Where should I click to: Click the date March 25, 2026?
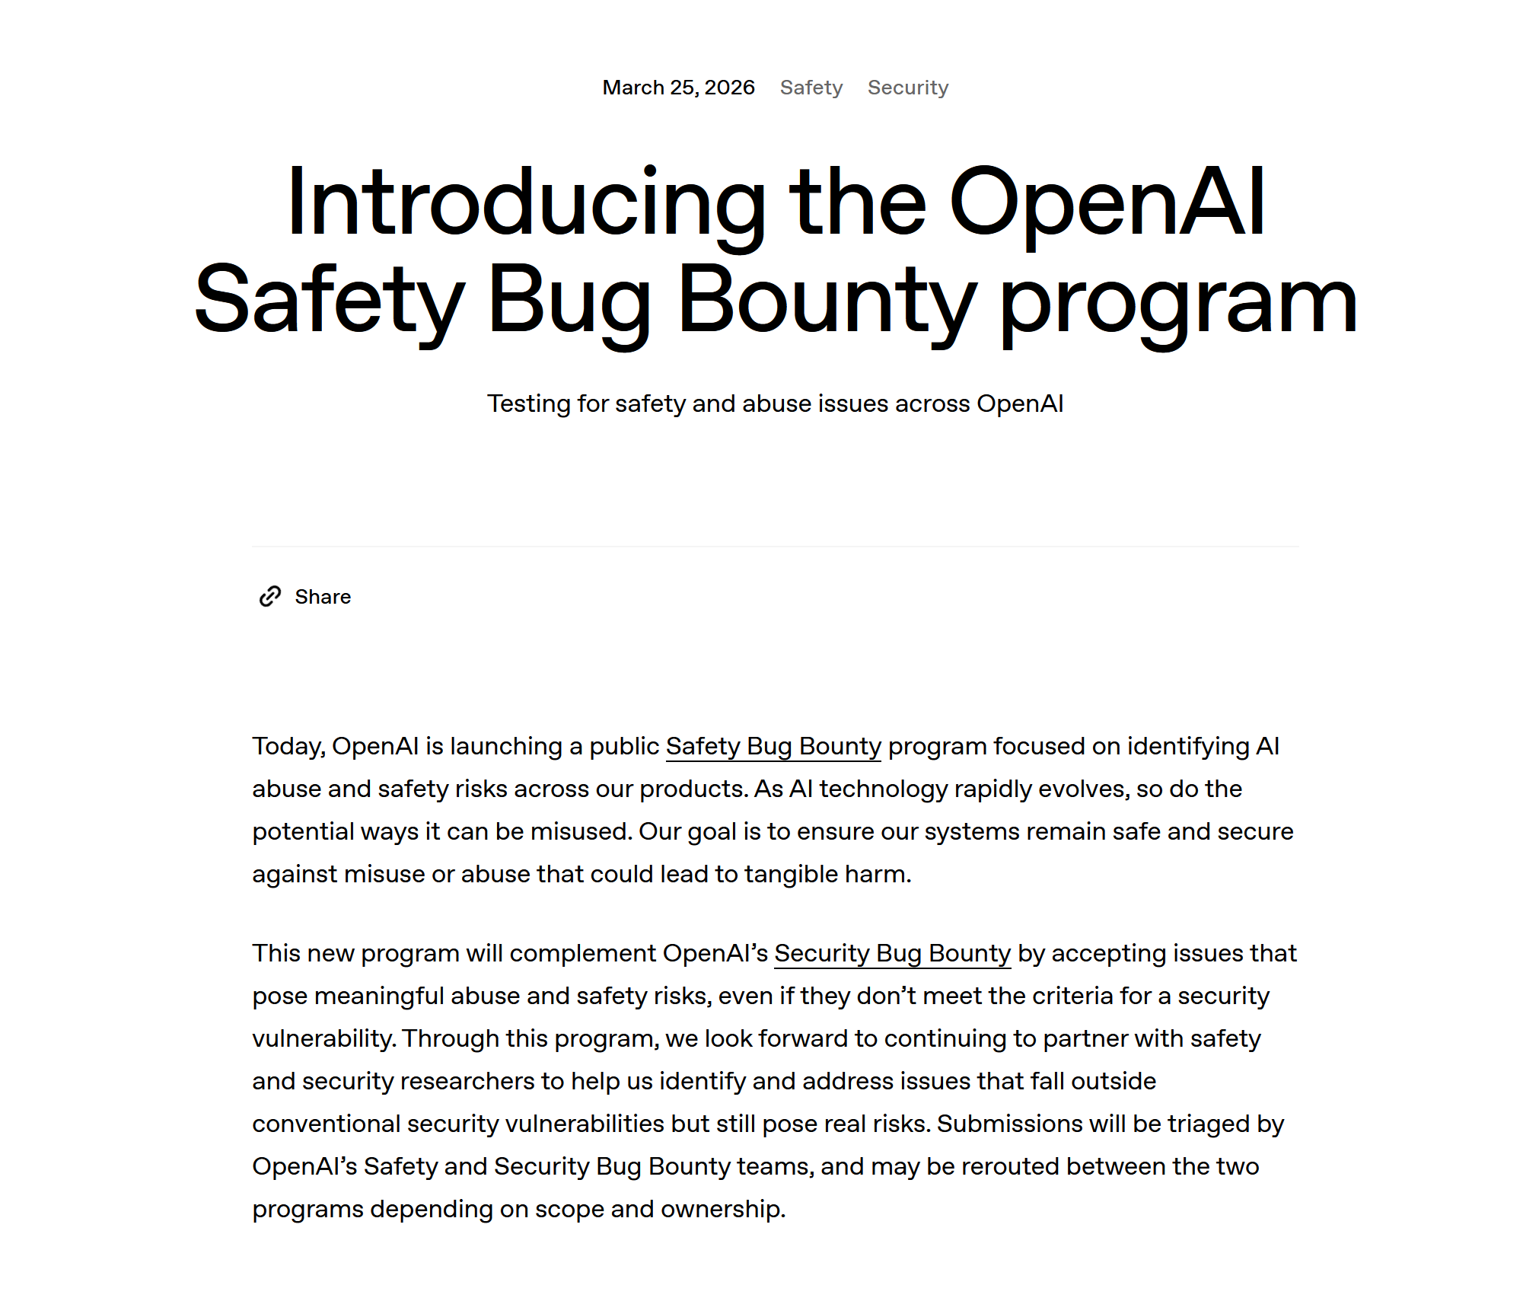[678, 88]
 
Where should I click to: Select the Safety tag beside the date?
[811, 88]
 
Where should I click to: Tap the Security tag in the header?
[907, 88]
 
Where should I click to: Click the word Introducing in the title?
[525, 202]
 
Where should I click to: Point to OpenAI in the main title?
[1107, 202]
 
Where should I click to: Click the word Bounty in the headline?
[827, 300]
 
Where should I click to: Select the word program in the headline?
[1178, 300]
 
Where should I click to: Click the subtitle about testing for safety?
[775, 403]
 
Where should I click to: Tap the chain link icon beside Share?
[270, 597]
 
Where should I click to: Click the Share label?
[323, 597]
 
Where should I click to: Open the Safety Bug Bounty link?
[773, 746]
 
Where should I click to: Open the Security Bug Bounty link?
[892, 953]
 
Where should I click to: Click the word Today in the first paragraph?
[288, 746]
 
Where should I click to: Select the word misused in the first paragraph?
[580, 831]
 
